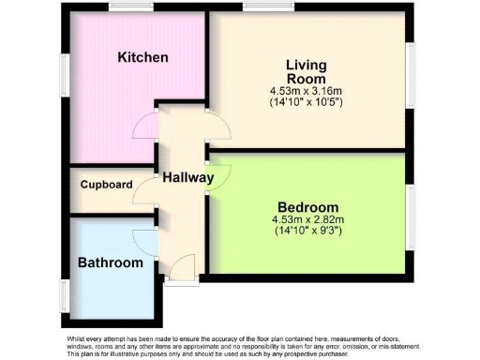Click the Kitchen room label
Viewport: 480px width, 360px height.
[142, 58]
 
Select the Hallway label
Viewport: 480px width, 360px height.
[187, 177]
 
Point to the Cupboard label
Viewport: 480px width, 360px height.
[105, 185]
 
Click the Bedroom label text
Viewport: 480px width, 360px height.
[308, 207]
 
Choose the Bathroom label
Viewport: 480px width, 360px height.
[110, 262]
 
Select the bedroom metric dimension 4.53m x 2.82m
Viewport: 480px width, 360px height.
[308, 220]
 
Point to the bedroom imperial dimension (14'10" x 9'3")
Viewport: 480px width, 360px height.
[308, 231]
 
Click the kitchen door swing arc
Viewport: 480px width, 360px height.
[145, 125]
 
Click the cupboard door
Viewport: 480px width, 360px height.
[143, 192]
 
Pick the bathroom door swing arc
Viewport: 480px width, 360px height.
[144, 239]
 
